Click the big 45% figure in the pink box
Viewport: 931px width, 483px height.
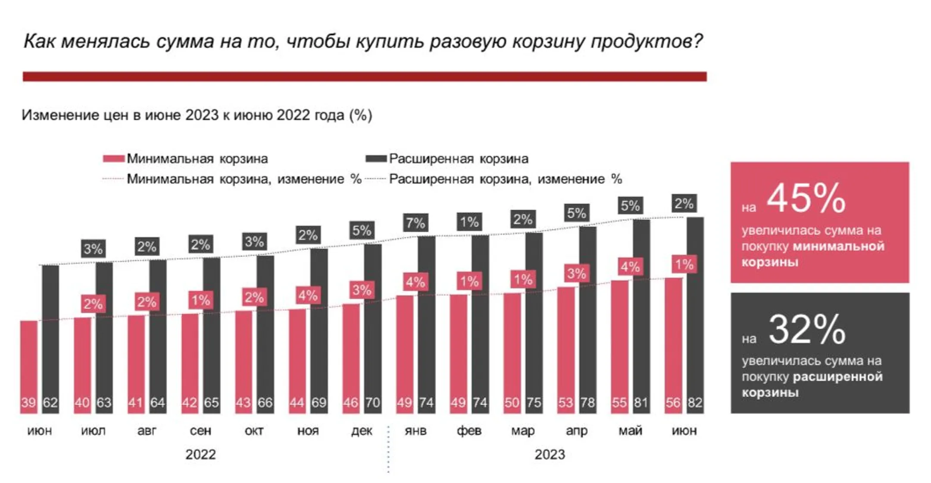click(806, 198)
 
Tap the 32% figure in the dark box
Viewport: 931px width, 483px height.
click(806, 330)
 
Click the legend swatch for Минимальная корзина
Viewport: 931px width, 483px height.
click(113, 159)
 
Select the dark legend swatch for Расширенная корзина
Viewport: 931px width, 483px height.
click(376, 159)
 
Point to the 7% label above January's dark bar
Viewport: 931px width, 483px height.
click(416, 223)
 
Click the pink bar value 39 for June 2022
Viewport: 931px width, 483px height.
click(28, 402)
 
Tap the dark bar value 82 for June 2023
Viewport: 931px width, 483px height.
click(695, 402)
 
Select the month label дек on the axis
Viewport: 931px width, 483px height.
click(361, 430)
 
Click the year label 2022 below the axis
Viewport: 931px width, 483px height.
click(200, 455)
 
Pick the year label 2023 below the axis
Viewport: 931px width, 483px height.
click(550, 455)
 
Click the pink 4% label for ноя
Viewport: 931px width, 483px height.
click(308, 296)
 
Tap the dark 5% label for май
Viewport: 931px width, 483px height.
click(630, 206)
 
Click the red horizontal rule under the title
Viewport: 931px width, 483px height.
click(365, 77)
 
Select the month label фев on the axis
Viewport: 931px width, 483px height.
click(469, 430)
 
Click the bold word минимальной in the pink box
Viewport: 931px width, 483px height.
click(838, 246)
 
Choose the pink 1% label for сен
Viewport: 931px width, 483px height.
click(200, 300)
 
